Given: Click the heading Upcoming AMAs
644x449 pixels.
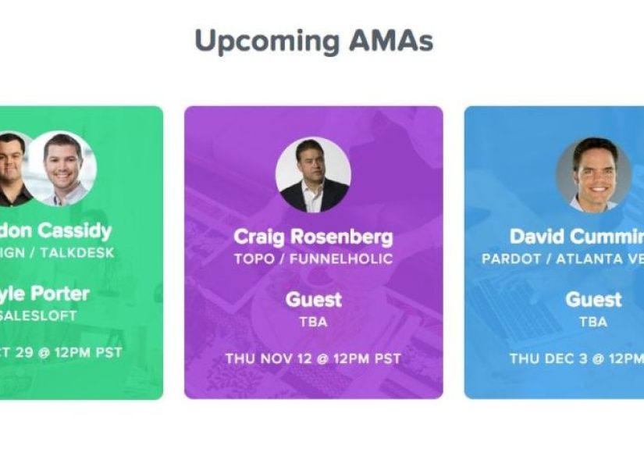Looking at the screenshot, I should [x=313, y=41].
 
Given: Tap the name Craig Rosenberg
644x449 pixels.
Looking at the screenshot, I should [x=313, y=237].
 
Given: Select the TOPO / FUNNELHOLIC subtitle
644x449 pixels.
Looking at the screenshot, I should [x=313, y=258].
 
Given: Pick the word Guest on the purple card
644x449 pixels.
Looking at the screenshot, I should [x=313, y=299].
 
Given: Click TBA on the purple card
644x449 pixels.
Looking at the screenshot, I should [x=313, y=321].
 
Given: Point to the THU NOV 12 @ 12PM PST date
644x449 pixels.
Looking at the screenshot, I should [x=313, y=359].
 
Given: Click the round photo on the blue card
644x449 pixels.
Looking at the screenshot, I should [x=592, y=175].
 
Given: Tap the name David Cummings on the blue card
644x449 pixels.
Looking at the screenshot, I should [x=577, y=237].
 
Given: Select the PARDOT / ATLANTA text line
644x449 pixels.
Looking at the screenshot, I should [x=563, y=258].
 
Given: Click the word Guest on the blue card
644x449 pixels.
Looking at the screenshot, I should [x=593, y=299].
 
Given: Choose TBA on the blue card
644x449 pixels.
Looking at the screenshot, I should [x=593, y=321].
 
